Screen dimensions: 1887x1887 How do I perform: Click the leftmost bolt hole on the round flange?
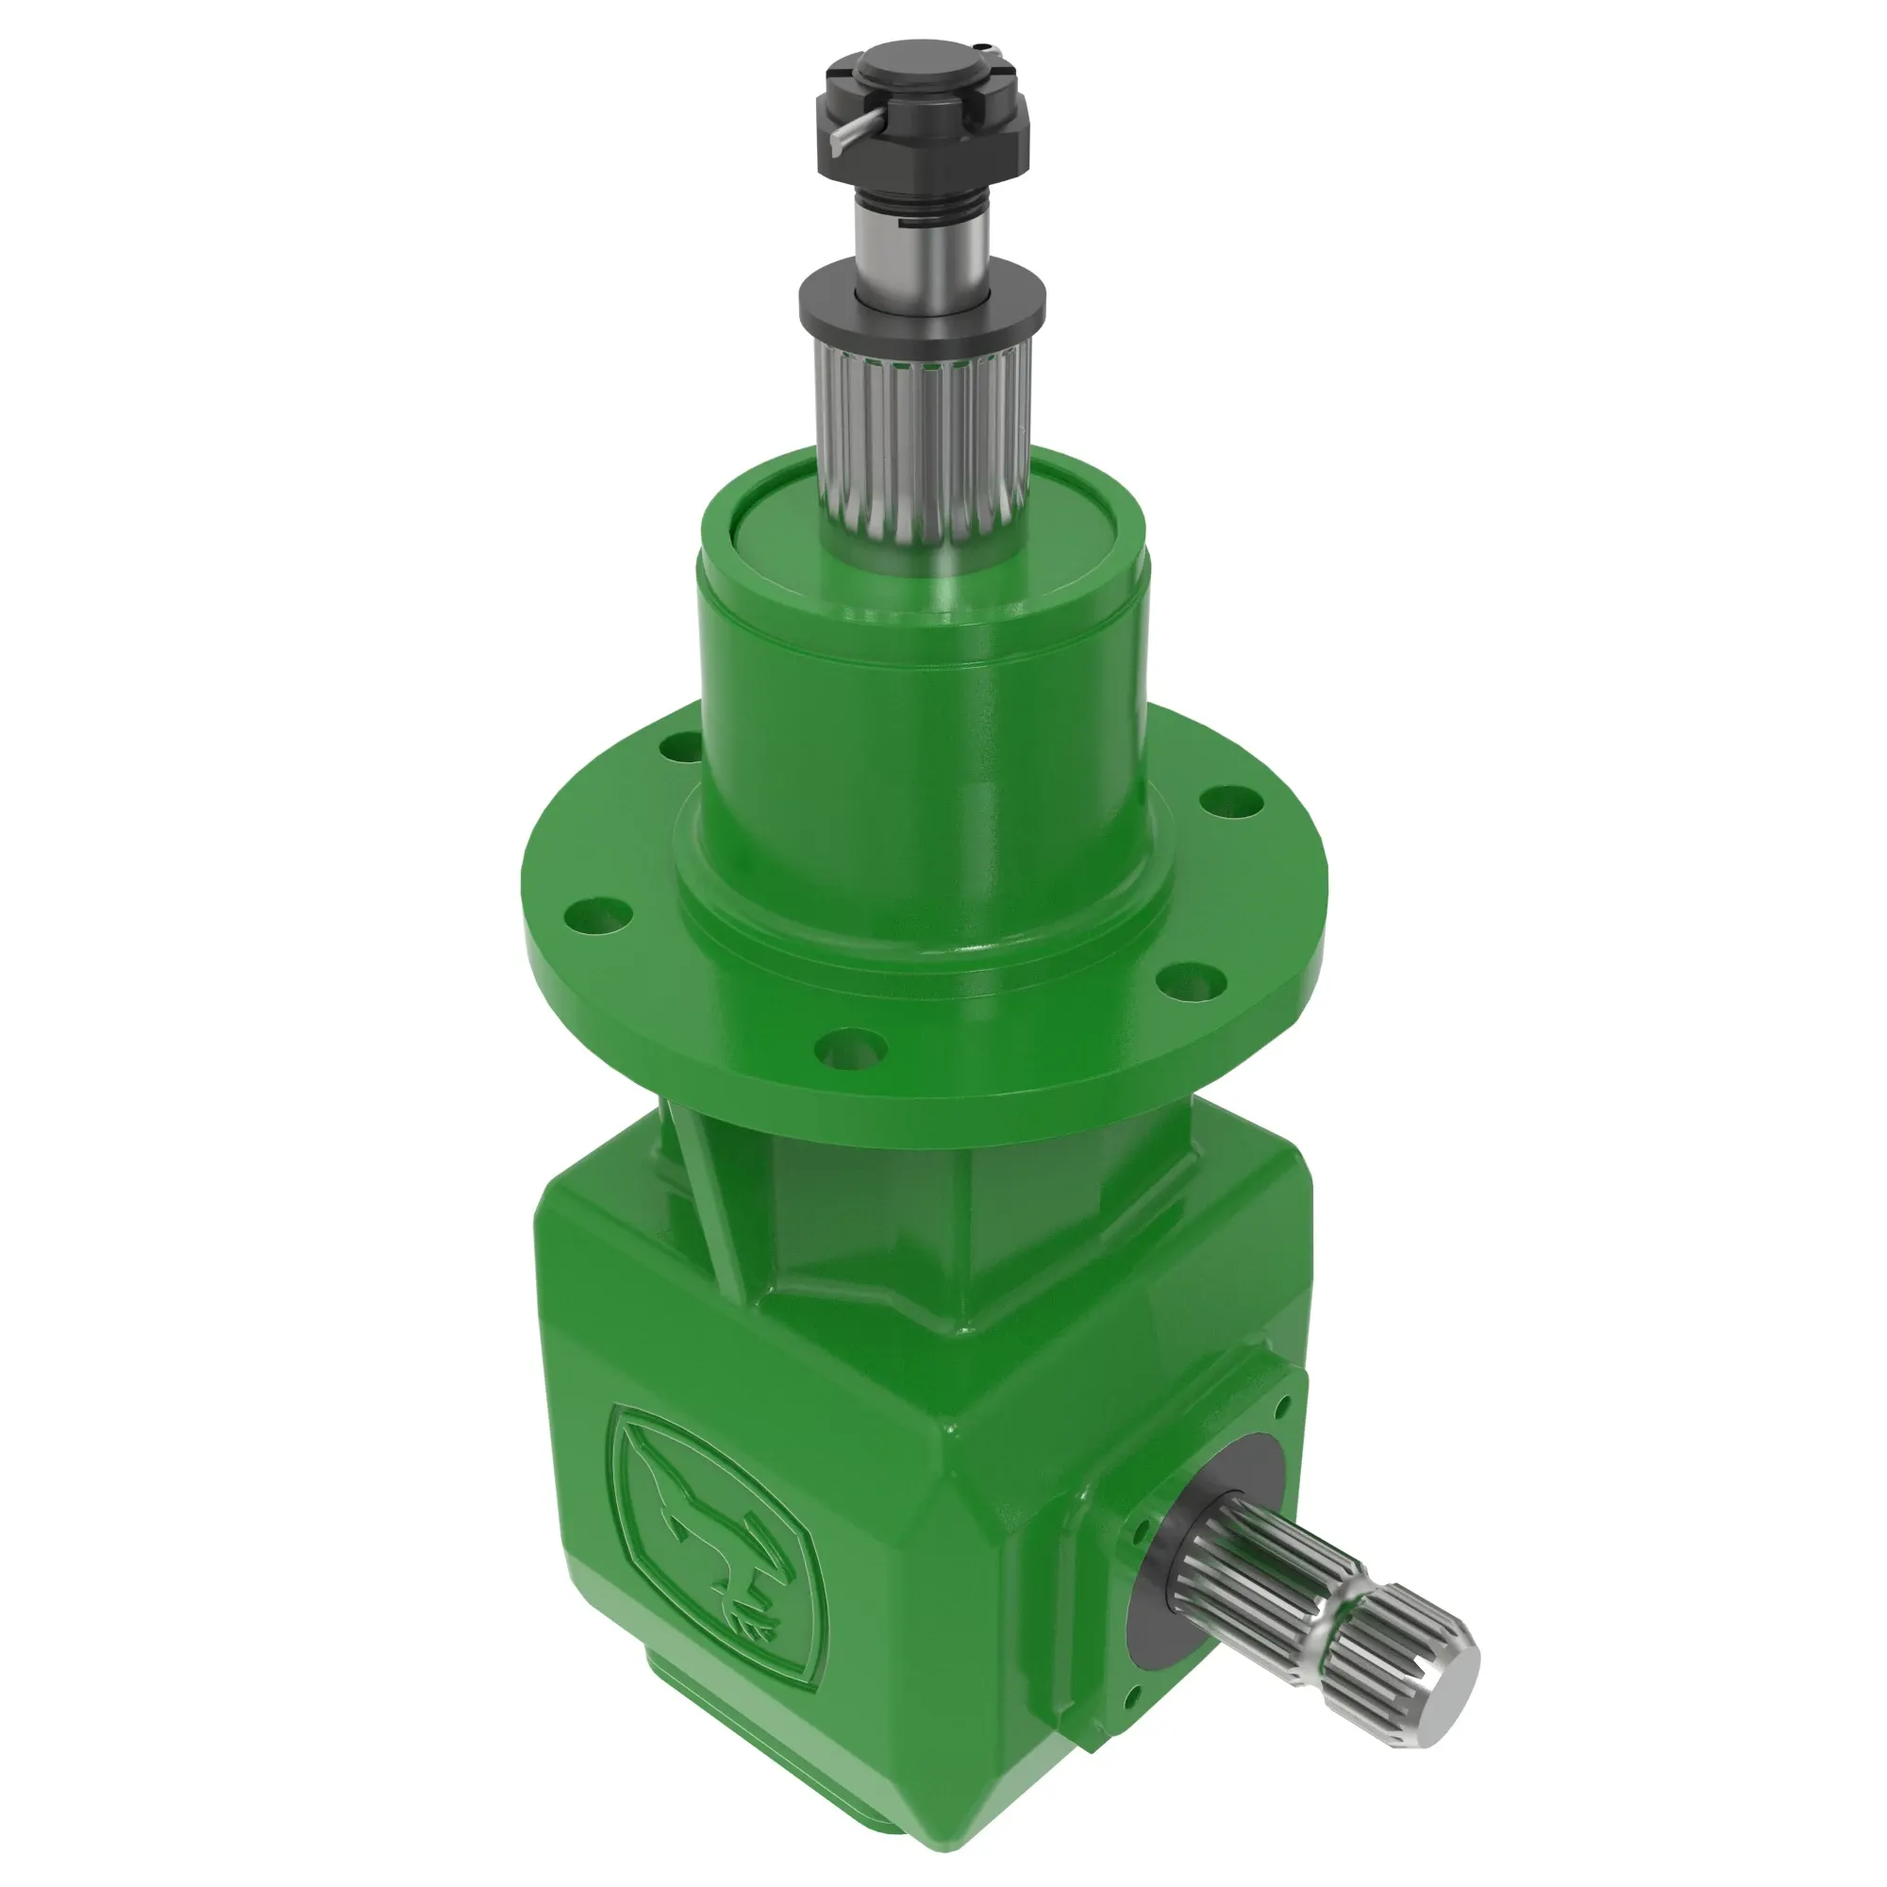click(x=593, y=917)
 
